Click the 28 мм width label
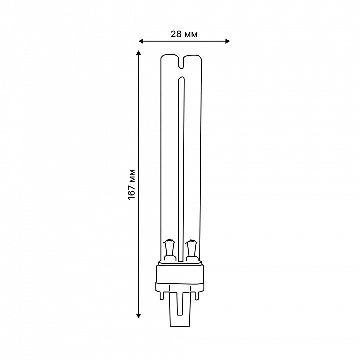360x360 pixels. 184,34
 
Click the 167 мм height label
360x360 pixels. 132,184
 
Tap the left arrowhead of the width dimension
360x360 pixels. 141,41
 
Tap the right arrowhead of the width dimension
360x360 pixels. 227,41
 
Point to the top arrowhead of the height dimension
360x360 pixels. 138,53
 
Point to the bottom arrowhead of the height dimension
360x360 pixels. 138,315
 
